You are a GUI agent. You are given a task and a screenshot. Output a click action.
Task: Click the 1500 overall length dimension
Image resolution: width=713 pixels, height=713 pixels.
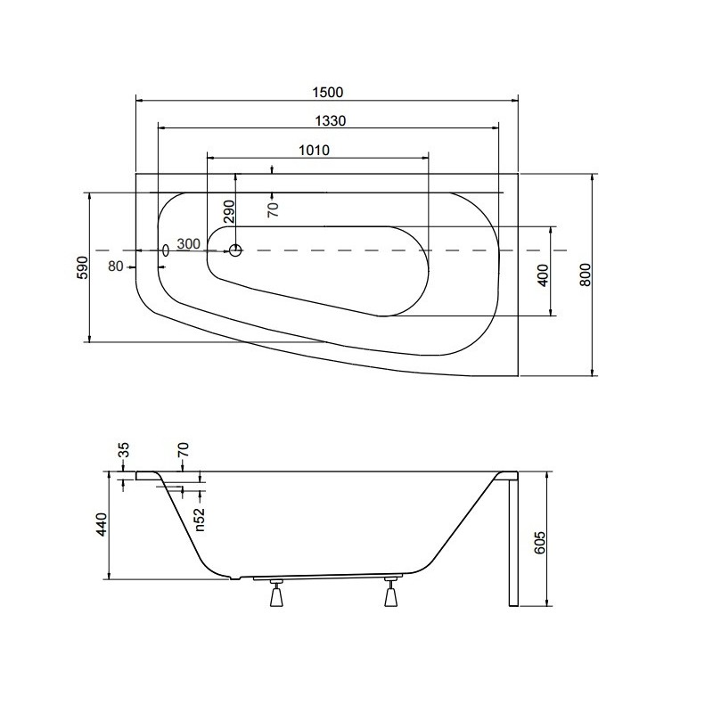[327, 93]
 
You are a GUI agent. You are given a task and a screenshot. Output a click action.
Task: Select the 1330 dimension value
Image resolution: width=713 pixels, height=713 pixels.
[331, 121]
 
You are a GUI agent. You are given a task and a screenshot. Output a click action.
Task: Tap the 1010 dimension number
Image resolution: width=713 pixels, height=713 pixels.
[314, 150]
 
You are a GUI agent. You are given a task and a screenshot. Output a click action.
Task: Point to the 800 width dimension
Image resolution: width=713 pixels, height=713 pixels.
[586, 275]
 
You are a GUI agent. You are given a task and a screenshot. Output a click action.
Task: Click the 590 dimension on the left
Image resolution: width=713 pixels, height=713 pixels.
[83, 267]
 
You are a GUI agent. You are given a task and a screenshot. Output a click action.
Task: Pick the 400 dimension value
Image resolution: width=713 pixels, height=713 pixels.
[543, 275]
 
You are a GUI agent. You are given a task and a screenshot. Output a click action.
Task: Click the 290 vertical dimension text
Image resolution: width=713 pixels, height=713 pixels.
[230, 211]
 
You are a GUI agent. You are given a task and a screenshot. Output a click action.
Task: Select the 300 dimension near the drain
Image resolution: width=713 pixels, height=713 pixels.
[188, 243]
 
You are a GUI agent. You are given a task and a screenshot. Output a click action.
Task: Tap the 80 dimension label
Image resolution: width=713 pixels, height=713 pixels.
[116, 266]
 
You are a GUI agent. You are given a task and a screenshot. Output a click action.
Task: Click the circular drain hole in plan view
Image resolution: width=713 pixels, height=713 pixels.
[235, 250]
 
